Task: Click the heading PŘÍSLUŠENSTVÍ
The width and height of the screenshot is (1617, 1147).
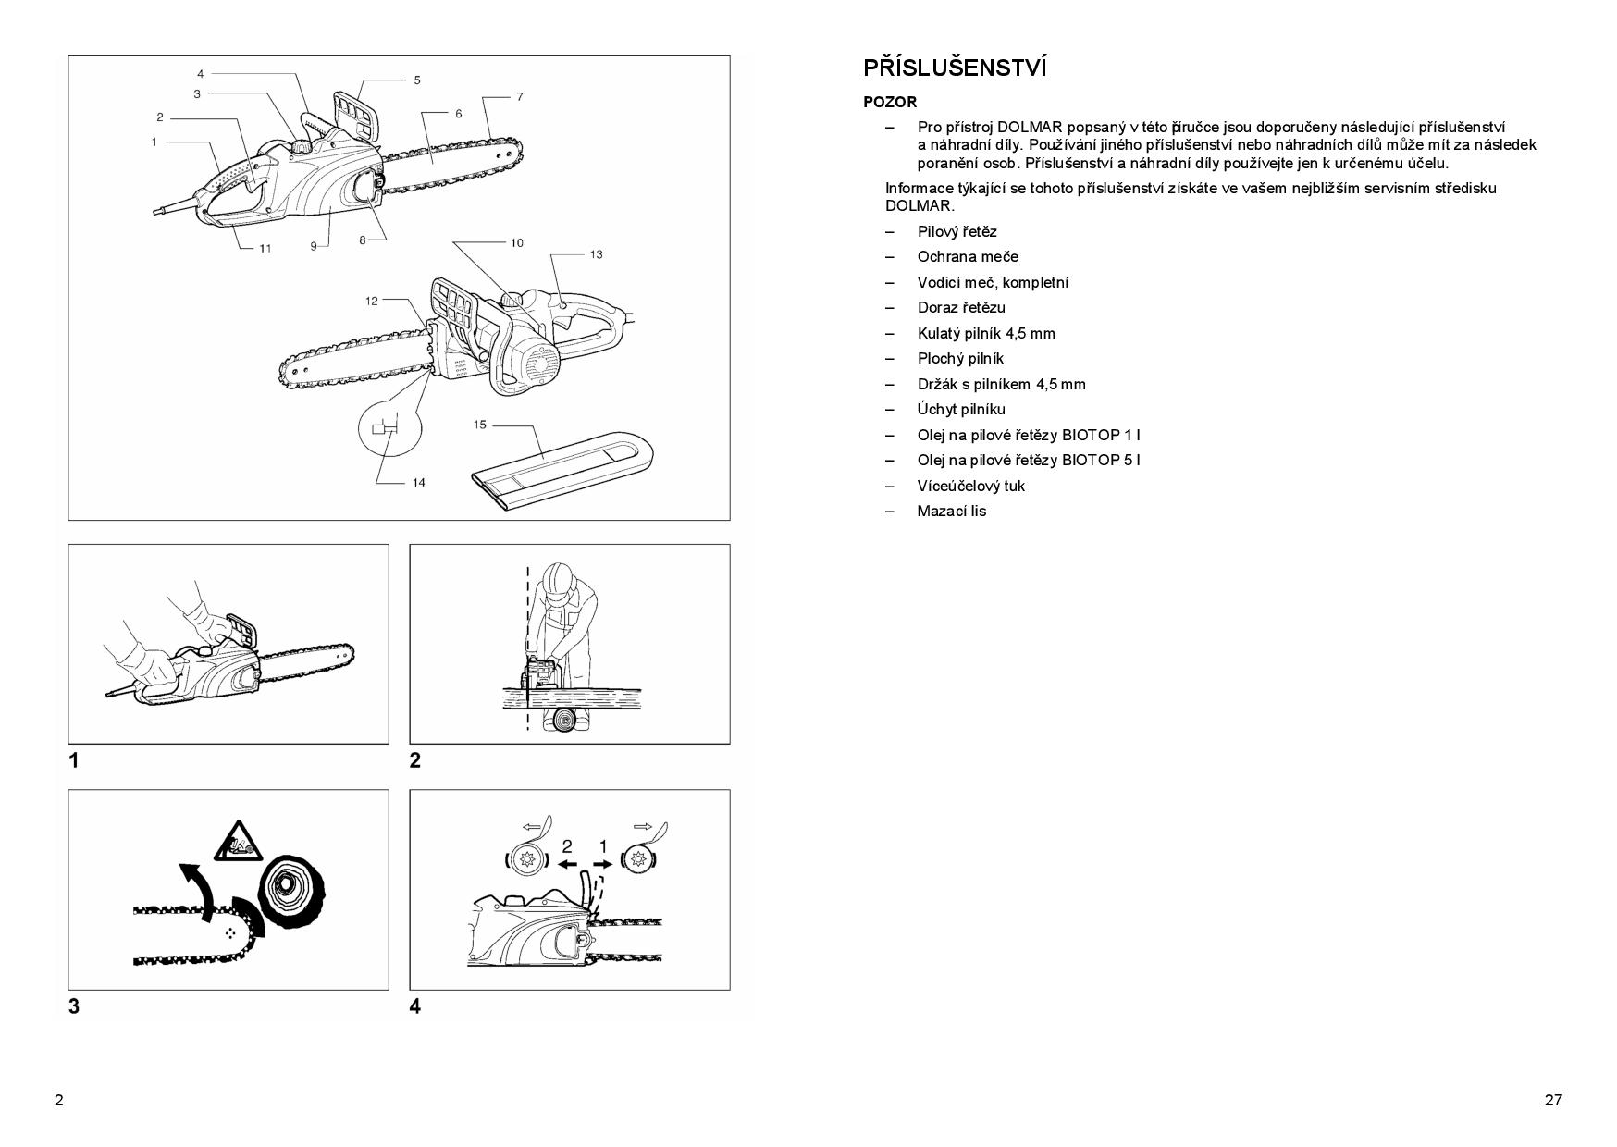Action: pos(955,68)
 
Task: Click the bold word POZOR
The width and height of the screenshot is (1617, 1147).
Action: pos(889,103)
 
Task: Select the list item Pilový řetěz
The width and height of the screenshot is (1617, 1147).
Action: pos(957,231)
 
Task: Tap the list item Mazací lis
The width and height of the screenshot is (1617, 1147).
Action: pos(951,511)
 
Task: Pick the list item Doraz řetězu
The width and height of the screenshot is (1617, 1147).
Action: pos(960,307)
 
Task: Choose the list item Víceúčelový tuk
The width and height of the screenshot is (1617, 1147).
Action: pos(970,486)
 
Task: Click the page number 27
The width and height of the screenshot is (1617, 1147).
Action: pos(1552,1100)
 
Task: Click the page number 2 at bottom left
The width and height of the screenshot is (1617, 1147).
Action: pos(59,1100)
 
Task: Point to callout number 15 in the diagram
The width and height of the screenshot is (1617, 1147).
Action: pos(479,425)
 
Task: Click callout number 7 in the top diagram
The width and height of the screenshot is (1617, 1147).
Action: pos(520,96)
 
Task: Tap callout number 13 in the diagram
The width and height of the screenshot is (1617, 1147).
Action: pos(596,254)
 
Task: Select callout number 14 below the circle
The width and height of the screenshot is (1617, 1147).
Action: pos(418,482)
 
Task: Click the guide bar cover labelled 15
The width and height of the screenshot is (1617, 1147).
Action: pos(564,469)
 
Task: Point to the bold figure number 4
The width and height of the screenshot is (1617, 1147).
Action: pos(414,1005)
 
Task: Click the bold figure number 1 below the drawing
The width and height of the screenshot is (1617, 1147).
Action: pos(74,760)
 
